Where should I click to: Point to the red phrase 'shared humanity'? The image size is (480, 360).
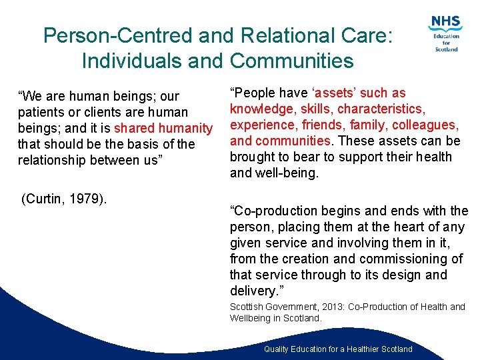(163, 128)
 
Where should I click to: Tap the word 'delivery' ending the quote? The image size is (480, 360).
(252, 291)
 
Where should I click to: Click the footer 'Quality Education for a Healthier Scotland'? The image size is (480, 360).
(338, 349)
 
